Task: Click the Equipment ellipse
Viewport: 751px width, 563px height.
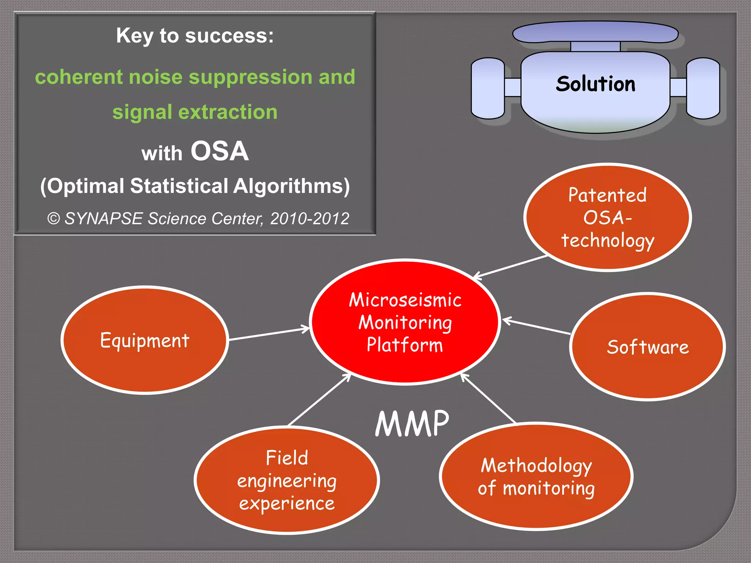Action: pyautogui.click(x=144, y=340)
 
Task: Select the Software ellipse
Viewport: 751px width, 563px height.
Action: pyautogui.click(x=647, y=346)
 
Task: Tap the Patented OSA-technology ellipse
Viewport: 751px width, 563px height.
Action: pyautogui.click(x=607, y=217)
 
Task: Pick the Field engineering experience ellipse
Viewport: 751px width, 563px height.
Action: pyautogui.click(x=286, y=480)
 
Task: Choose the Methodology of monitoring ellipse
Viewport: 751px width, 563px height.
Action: pyautogui.click(x=536, y=476)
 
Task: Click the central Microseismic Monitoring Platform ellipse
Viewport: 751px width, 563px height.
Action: pyautogui.click(x=405, y=322)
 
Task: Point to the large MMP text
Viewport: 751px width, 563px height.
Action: pyautogui.click(x=412, y=424)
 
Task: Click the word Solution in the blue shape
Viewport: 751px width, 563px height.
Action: pyautogui.click(x=596, y=84)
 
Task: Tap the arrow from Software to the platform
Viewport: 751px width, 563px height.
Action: pyautogui.click(x=536, y=327)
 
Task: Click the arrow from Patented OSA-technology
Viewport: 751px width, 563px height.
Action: pyautogui.click(x=510, y=266)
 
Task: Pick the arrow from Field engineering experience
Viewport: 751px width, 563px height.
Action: pyautogui.click(x=319, y=400)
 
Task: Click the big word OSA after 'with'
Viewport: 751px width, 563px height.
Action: pyautogui.click(x=220, y=151)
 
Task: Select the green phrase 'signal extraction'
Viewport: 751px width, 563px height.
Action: pyautogui.click(x=195, y=112)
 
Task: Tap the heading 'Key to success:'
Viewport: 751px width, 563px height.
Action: pyautogui.click(x=195, y=36)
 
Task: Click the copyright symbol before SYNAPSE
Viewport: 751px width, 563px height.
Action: pyautogui.click(x=54, y=219)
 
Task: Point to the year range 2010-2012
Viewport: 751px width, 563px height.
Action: pyautogui.click(x=309, y=218)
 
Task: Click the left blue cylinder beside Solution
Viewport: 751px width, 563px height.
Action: pyautogui.click(x=488, y=88)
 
